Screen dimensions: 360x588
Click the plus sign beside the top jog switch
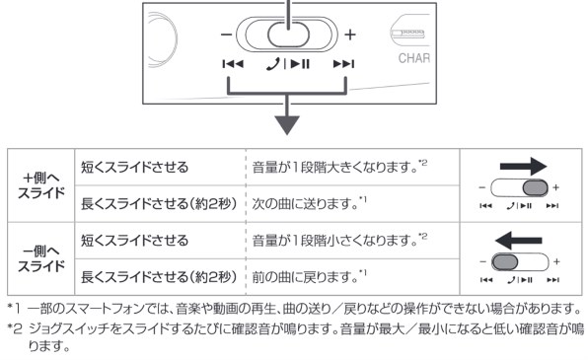(x=350, y=44)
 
